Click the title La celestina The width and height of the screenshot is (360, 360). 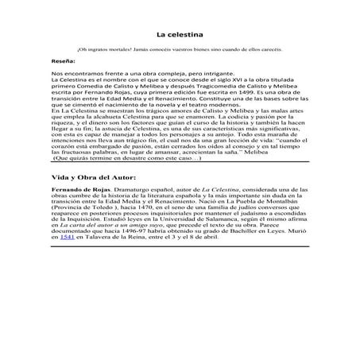179,35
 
